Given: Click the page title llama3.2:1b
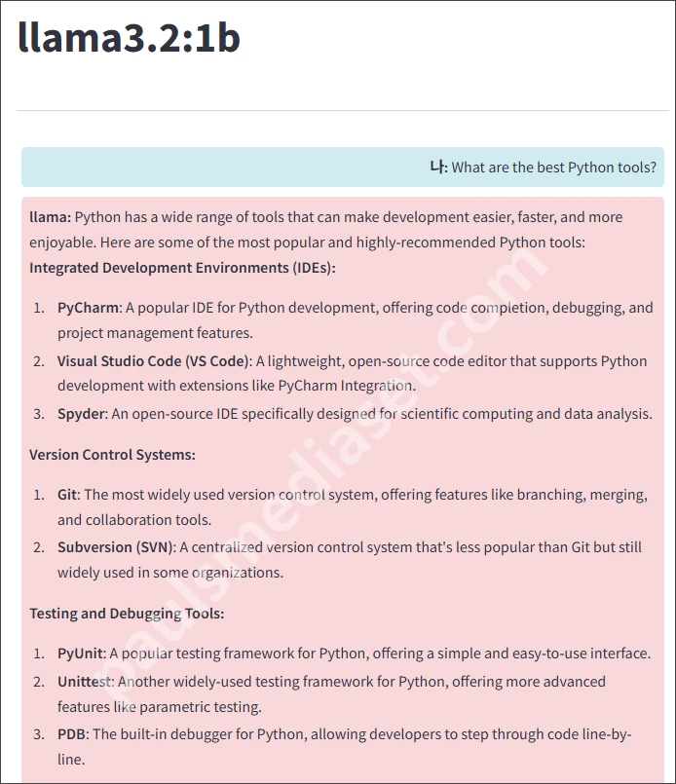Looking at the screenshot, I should pos(129,39).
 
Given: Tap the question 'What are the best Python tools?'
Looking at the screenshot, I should pos(553,168).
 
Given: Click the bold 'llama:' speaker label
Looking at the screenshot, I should pos(50,217).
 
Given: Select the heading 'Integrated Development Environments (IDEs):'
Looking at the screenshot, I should pos(182,268).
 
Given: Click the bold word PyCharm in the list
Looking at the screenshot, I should pos(88,308).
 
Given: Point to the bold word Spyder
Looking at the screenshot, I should pos(82,414).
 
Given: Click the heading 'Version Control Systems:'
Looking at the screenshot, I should pos(112,455).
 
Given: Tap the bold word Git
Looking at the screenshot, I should pos(67,495).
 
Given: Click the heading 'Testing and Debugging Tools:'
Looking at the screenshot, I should pos(127,614).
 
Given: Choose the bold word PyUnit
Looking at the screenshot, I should pos(80,653).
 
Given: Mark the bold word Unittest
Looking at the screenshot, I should pos(85,682).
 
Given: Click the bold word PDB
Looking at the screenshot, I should pos(71,734).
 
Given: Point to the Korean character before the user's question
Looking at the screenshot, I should pos(436,168).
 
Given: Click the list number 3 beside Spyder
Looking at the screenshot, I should pos(38,414).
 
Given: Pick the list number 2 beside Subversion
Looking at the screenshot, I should pos(38,547).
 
